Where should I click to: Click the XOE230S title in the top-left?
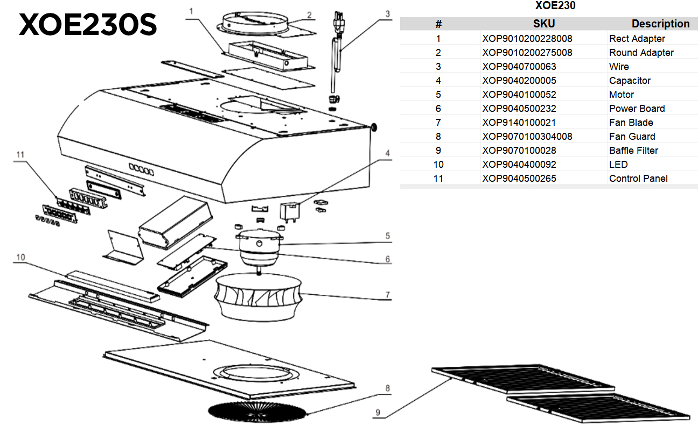[88, 24]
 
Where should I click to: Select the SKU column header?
[543, 24]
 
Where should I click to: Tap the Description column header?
[660, 24]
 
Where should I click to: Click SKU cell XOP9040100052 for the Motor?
[519, 95]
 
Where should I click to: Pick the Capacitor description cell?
[630, 81]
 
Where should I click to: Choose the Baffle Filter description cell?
[633, 151]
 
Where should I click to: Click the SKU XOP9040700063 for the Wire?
[519, 67]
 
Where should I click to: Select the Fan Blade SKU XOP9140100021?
[519, 123]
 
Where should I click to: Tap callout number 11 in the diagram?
[20, 155]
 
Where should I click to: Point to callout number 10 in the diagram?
[20, 258]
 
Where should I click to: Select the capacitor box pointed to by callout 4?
[289, 211]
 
